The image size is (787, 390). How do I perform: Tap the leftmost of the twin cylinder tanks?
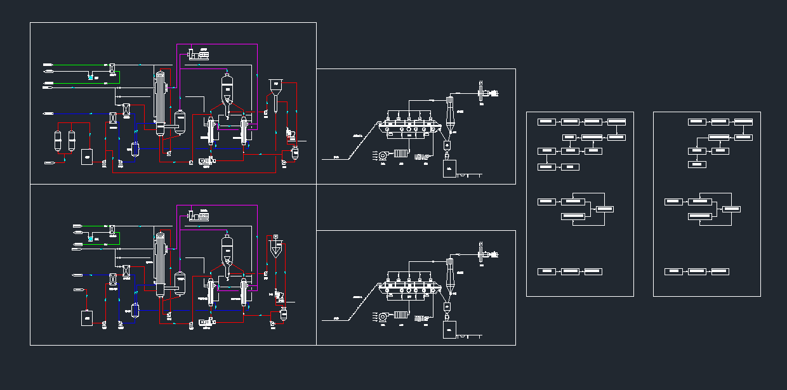[58, 140]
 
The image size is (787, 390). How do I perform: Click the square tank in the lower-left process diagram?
[86, 318]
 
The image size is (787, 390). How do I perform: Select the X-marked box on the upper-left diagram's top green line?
[112, 67]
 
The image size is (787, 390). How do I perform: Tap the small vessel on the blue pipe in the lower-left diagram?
[135, 311]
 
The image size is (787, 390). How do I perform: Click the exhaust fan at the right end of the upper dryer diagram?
[487, 94]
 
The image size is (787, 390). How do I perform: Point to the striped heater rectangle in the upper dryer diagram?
[400, 153]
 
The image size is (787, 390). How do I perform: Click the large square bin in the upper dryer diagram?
[449, 168]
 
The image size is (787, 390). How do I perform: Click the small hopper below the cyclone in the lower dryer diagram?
[447, 306]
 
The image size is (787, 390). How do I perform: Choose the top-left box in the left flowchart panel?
[546, 121]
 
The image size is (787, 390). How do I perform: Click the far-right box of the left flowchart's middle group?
[605, 209]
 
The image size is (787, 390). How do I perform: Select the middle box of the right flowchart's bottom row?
[697, 271]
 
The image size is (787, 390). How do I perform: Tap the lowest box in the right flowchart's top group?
[697, 164]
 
